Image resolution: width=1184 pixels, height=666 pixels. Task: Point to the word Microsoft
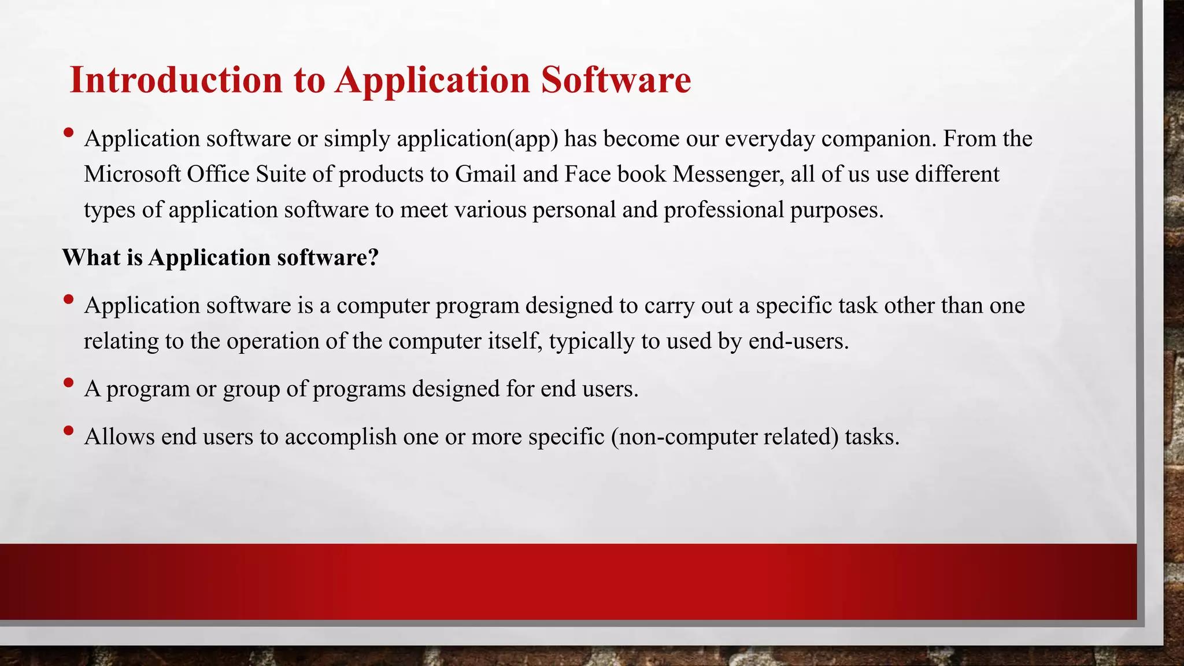tap(132, 174)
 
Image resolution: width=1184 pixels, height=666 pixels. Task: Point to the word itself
tap(515, 341)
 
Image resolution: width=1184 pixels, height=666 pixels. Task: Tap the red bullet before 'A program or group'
tap(68, 382)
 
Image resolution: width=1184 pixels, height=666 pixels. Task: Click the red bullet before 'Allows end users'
tap(68, 430)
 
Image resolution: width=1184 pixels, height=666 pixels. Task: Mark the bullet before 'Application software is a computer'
tap(68, 299)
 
